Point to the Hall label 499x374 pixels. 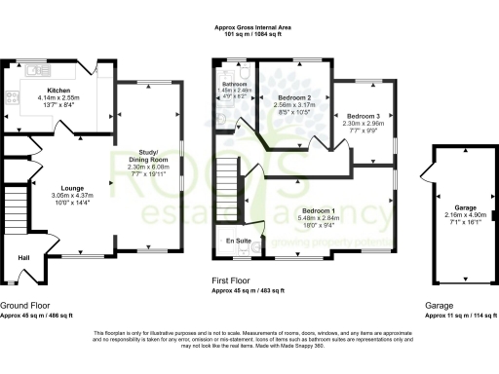pos(21,257)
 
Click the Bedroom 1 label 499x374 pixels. pos(318,211)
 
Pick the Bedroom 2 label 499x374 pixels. pos(294,99)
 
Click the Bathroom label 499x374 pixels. pos(234,85)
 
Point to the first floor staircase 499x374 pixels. pos(228,181)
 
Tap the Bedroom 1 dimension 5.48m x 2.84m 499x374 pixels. pos(318,218)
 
